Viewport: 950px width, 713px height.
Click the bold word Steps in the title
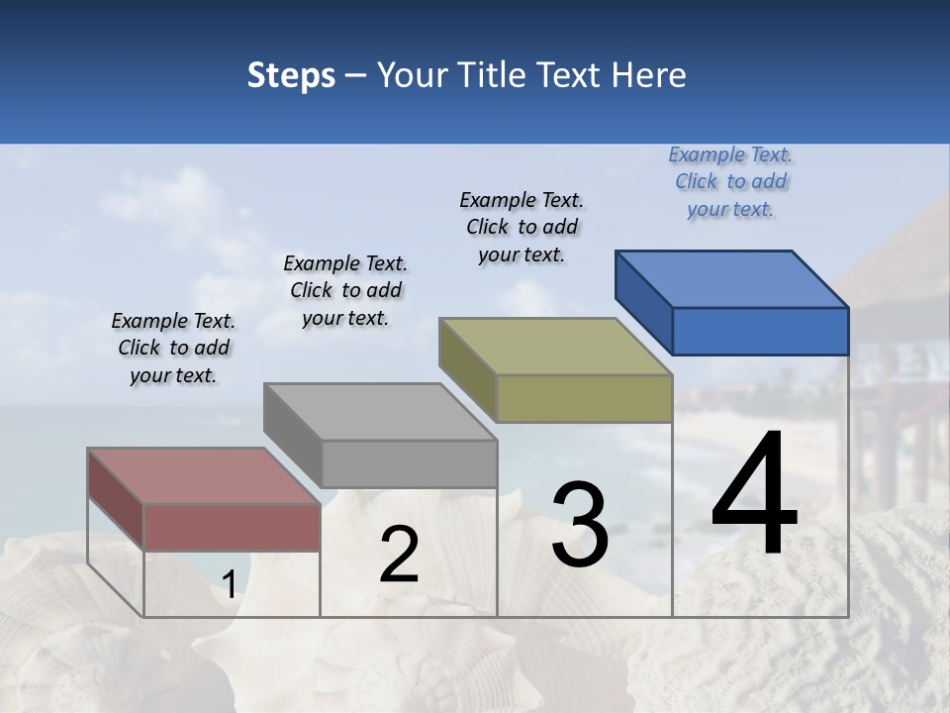coord(291,75)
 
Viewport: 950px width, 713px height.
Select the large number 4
coord(754,495)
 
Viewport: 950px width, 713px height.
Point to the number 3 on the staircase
coord(580,525)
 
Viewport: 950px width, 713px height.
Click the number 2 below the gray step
coord(399,555)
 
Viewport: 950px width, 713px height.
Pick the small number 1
coord(229,585)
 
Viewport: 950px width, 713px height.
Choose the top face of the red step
coord(204,476)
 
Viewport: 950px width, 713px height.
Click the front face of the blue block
coord(760,331)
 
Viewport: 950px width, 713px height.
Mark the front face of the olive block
coord(584,399)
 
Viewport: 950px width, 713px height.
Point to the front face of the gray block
coord(409,463)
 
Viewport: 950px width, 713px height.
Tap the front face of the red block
coord(233,527)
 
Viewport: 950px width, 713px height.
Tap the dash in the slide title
coord(356,76)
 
